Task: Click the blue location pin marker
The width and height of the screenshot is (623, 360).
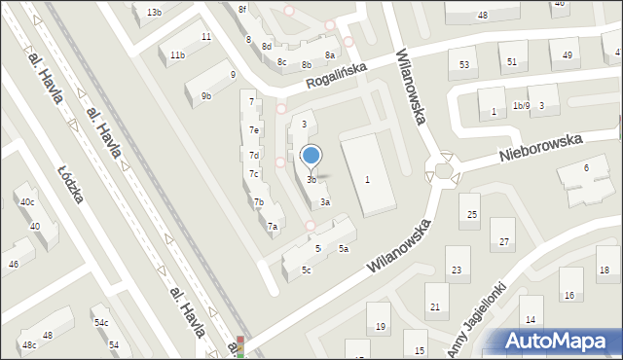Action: point(311,155)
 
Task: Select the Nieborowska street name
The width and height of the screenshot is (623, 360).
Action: point(540,149)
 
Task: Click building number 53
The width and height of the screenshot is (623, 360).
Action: point(463,64)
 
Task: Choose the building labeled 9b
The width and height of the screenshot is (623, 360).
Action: point(206,95)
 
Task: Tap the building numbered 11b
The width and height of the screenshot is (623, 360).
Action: point(177,55)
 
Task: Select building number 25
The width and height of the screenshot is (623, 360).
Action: point(472,213)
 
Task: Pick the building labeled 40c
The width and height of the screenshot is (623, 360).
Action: point(27,201)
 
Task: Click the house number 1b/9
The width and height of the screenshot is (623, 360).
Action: point(521,105)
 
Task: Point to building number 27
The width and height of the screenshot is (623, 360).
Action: point(504,239)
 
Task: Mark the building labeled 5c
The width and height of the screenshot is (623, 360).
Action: point(306,270)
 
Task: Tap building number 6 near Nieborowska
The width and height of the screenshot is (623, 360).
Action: point(586,168)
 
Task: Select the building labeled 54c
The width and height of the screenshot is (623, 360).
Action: point(101,322)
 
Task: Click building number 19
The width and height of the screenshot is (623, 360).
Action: point(381,326)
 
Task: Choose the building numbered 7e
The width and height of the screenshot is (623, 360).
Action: point(254,129)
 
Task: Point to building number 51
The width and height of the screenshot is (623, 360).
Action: point(512,61)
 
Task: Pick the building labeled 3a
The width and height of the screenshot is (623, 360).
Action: point(326,202)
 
